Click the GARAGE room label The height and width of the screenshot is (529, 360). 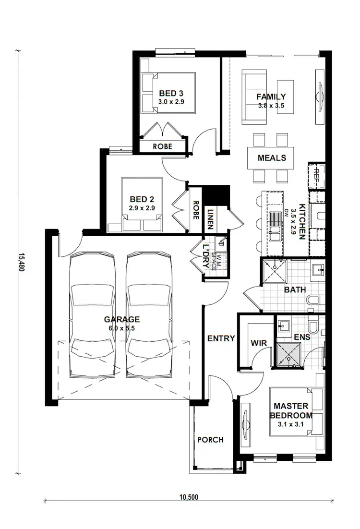pos(121,319)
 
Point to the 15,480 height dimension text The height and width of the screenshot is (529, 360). pos(21,263)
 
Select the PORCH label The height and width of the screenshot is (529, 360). pos(210,440)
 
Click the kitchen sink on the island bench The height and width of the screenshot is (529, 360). pos(275,226)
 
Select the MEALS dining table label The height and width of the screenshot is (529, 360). pos(272,158)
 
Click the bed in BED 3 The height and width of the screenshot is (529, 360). pos(168,93)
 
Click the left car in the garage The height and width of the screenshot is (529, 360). pos(92,314)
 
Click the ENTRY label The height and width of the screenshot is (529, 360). pos(221,338)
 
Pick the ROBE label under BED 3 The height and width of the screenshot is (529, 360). pos(162,146)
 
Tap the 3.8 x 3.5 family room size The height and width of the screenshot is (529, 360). pos(271,106)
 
